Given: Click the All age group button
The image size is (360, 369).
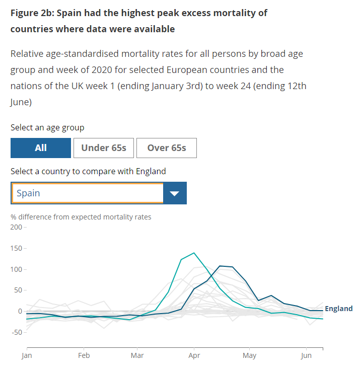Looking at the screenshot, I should [41, 147].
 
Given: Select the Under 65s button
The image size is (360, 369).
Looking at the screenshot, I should [104, 147].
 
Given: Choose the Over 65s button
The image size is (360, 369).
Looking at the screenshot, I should [167, 147].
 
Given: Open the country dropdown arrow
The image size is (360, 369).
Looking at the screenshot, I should [175, 193].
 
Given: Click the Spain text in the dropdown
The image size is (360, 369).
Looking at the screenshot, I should [28, 193].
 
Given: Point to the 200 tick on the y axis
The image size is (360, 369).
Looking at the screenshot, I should [16, 228].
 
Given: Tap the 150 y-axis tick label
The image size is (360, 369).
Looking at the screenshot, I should [16, 249].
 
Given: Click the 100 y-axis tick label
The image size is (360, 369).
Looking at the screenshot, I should [16, 269].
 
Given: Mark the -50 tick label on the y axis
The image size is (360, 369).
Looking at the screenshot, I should [16, 332].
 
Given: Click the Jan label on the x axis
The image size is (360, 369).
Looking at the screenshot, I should [27, 356].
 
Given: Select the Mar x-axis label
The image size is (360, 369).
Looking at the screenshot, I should [136, 356].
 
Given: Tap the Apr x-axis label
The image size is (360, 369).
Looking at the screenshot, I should [193, 356].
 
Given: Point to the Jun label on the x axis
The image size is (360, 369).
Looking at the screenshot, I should [306, 356].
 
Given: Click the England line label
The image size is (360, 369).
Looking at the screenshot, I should [339, 309].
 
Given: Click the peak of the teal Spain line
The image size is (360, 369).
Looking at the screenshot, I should [194, 253].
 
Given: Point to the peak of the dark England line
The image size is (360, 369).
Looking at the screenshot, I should [220, 265].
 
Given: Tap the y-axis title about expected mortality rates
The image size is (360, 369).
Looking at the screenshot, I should [81, 217].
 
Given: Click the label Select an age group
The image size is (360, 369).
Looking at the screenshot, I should [47, 128].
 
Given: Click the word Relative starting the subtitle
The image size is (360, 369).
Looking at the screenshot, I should [27, 53].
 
